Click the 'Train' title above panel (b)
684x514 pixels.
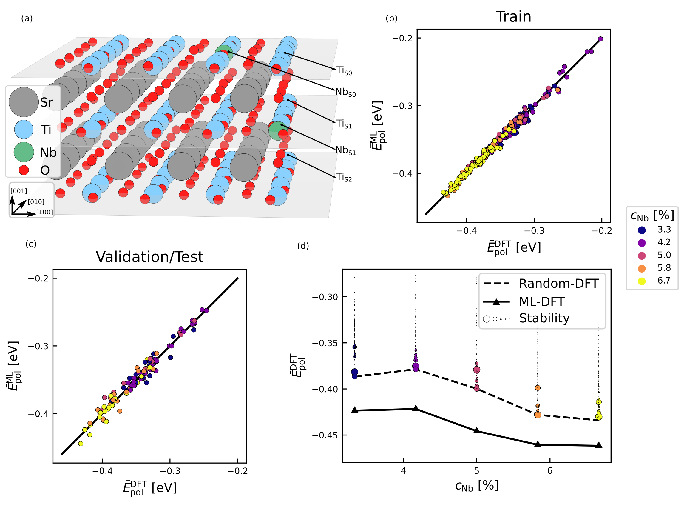(x=514, y=16)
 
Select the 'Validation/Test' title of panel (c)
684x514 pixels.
(x=150, y=257)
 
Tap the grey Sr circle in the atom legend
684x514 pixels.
(x=24, y=102)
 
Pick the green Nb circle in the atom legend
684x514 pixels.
(x=24, y=152)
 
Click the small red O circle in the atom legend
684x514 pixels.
(x=24, y=170)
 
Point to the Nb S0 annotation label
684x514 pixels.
(x=345, y=92)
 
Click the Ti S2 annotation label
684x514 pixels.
(x=344, y=177)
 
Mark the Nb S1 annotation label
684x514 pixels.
(x=345, y=150)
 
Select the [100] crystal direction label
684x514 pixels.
(x=44, y=212)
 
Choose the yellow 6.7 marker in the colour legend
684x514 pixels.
(x=642, y=281)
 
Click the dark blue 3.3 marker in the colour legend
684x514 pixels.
(x=642, y=230)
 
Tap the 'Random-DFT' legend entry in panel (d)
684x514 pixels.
(x=558, y=284)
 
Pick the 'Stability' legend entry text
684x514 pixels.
(x=544, y=318)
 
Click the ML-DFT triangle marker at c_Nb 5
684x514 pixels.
(x=477, y=430)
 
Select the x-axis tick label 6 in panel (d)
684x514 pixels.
(x=550, y=471)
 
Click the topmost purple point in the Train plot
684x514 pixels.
(x=600, y=39)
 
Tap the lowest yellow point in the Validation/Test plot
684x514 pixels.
(x=81, y=444)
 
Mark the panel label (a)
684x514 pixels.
(x=27, y=19)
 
